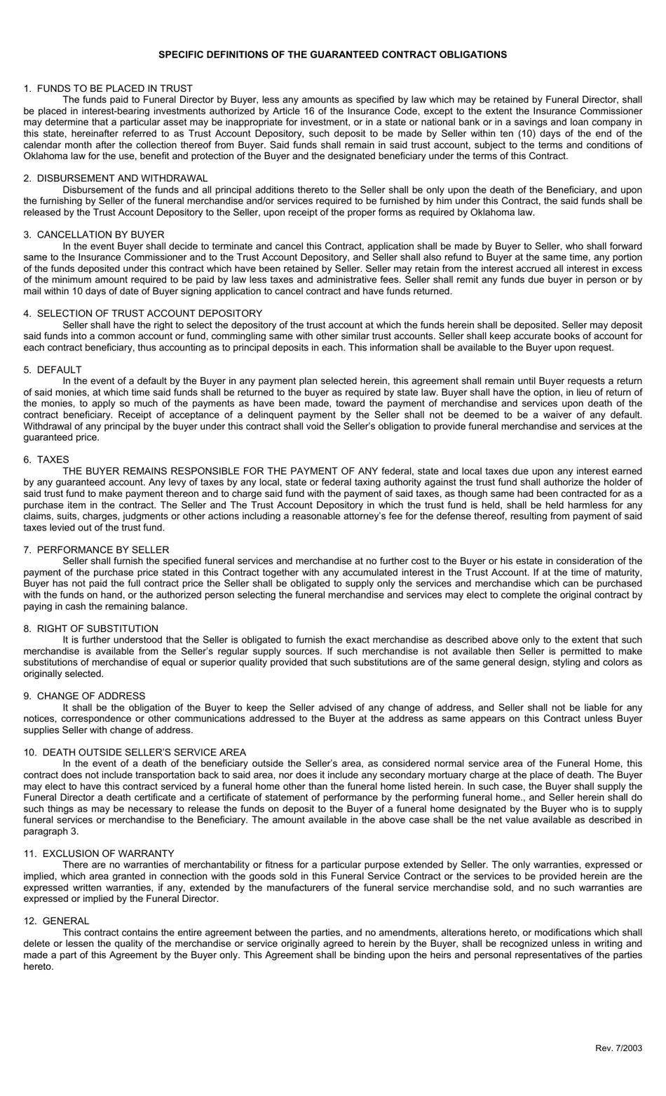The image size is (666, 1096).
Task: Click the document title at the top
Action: coord(332,54)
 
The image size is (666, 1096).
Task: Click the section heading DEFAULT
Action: coord(59,369)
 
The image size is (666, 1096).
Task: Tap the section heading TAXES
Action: coord(53,460)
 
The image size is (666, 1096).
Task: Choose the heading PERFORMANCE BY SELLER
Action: coord(103,549)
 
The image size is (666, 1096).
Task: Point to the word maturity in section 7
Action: coord(622,572)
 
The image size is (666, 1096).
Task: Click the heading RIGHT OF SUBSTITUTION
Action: coord(97,629)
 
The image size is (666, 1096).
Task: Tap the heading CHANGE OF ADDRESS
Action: coord(91,696)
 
